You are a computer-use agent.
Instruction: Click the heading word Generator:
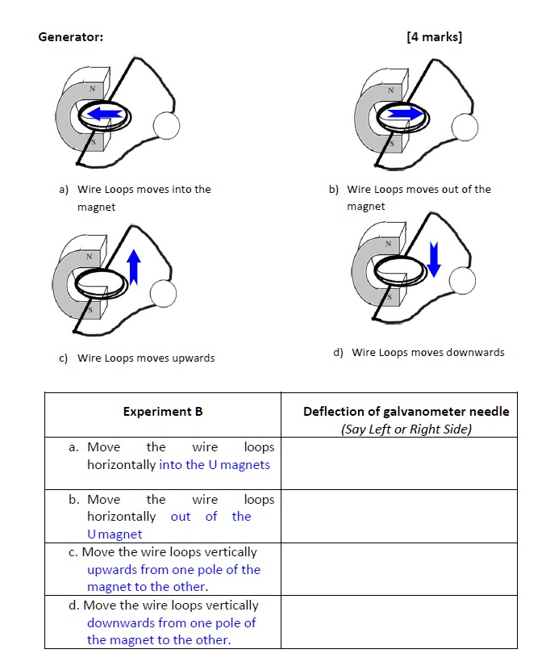pos(70,37)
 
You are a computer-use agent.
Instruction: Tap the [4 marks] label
pos(435,37)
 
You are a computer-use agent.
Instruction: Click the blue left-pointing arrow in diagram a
pos(104,115)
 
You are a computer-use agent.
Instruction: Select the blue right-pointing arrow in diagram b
pos(403,115)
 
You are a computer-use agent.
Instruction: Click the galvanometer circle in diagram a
pos(167,125)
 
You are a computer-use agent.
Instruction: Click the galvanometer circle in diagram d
pos(462,280)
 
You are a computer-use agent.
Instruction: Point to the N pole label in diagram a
pos(92,89)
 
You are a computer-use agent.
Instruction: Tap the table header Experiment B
pos(162,412)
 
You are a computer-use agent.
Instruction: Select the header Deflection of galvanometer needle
pos(406,412)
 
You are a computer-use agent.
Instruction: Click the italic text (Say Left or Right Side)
pos(406,429)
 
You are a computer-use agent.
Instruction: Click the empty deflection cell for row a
pos(398,463)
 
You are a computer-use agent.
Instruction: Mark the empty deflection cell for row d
pos(398,622)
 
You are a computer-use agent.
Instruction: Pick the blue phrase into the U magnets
pos(215,465)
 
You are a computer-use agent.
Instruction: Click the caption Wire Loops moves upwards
pos(146,358)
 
